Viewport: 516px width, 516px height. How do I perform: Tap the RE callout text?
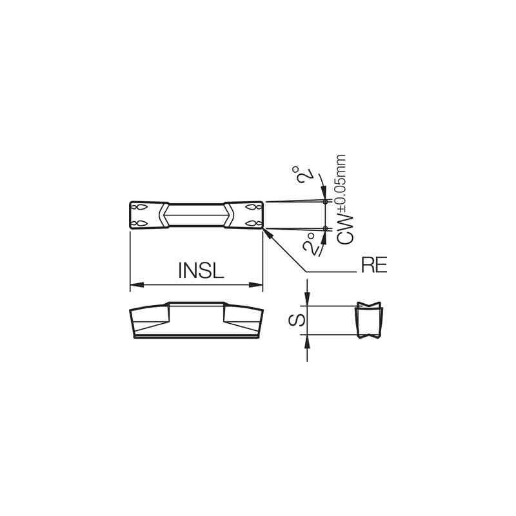point(373,266)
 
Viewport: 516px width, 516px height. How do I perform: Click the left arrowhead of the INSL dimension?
point(136,284)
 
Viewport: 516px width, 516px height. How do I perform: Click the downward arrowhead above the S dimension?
point(308,301)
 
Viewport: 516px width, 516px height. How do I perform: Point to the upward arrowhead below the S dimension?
point(308,340)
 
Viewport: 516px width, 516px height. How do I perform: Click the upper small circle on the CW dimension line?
point(326,202)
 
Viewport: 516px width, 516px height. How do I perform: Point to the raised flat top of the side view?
point(197,303)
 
